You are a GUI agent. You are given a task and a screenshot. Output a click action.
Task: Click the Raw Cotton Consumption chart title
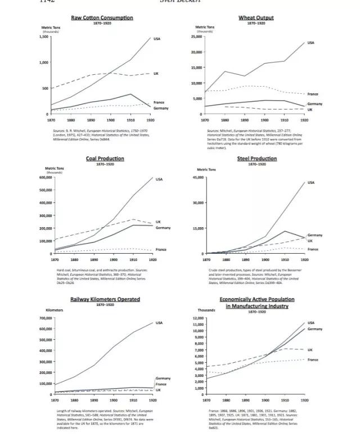(102, 17)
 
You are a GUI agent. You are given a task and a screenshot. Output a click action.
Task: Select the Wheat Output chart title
(256, 17)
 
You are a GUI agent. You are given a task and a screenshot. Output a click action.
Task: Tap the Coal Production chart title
(105, 159)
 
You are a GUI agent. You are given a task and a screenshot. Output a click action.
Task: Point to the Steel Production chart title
(256, 159)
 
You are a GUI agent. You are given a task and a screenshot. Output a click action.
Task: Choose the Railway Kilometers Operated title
(105, 299)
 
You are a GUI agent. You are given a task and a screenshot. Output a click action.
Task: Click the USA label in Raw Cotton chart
(157, 38)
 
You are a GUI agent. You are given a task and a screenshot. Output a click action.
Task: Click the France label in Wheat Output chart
(312, 94)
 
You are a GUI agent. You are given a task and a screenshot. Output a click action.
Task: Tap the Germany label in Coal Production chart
(163, 228)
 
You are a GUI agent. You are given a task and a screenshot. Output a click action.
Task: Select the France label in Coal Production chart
(161, 249)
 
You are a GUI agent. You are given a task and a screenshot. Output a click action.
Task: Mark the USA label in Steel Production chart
(311, 182)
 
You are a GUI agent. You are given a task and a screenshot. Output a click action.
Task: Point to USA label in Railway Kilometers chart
(159, 323)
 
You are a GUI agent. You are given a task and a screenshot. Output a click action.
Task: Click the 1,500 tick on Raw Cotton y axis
(43, 37)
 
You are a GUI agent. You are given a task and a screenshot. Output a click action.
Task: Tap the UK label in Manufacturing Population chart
(310, 349)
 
